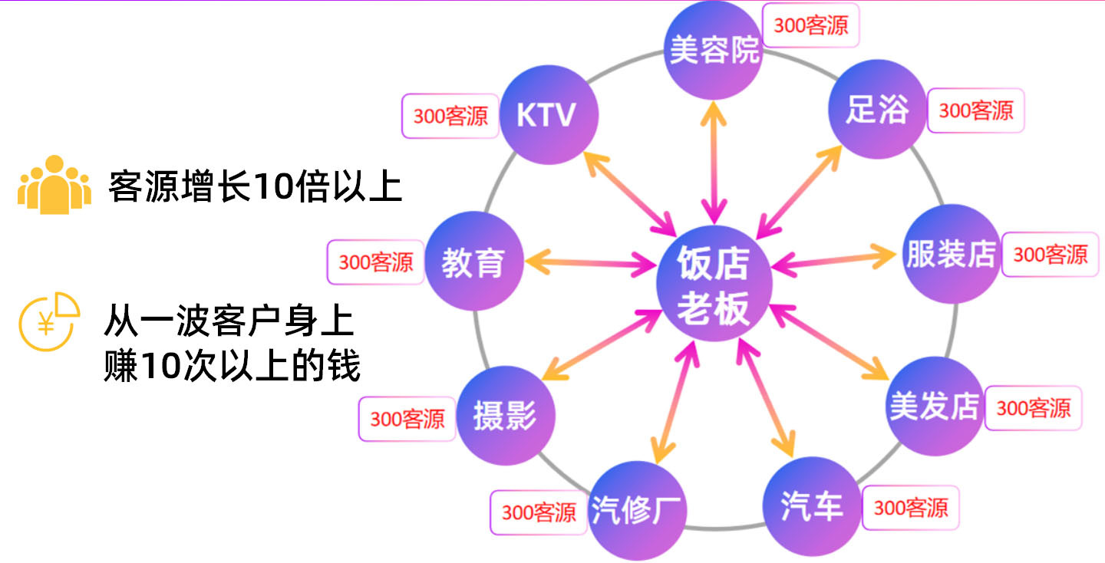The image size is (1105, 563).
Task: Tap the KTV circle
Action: pyautogui.click(x=548, y=115)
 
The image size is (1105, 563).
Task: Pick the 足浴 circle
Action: pyautogui.click(x=877, y=110)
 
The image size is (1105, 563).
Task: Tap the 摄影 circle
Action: pyautogui.click(x=505, y=416)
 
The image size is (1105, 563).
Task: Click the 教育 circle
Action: pyautogui.click(x=473, y=262)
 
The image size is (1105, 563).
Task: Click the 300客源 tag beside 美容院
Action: pyautogui.click(x=810, y=25)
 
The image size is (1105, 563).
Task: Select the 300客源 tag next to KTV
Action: pyautogui.click(x=450, y=116)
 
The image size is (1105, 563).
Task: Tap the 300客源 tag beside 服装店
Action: pyautogui.click(x=1051, y=254)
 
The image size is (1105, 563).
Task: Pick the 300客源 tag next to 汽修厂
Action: pyautogui.click(x=539, y=512)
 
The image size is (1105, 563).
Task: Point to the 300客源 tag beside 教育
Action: pyautogui.click(x=376, y=262)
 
